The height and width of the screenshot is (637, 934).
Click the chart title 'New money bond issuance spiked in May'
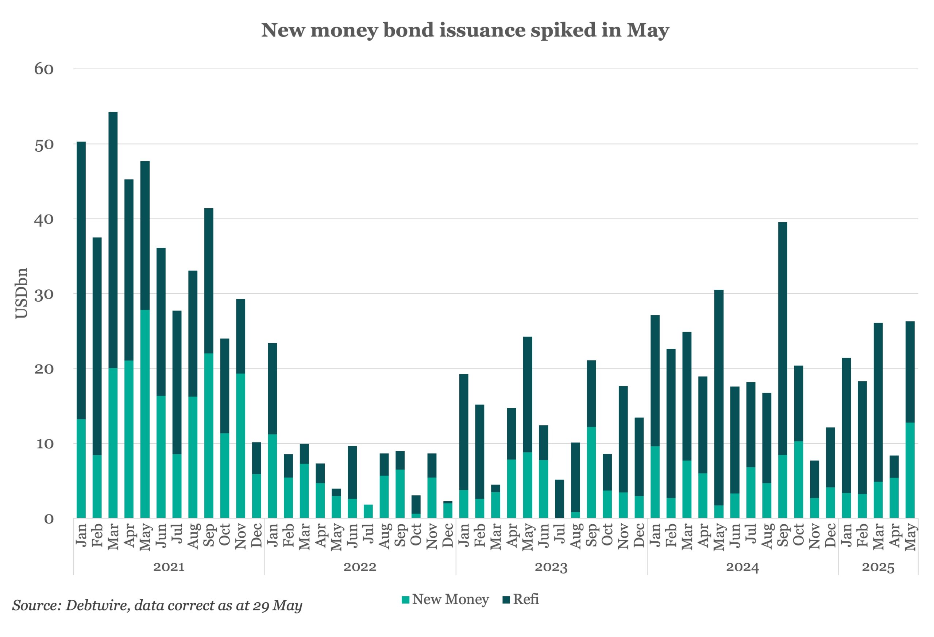(465, 30)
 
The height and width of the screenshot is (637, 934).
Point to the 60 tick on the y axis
(44, 69)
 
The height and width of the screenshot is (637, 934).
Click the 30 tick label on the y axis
(44, 294)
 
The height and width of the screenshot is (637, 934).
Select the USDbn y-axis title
(21, 293)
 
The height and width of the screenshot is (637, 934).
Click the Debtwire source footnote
(157, 605)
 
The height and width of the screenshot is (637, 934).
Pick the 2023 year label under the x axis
(551, 567)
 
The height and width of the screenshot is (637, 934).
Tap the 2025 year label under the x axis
(878, 567)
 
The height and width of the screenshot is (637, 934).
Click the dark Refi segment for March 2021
(113, 240)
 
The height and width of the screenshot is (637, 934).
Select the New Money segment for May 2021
(145, 414)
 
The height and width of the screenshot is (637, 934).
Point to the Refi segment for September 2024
(783, 339)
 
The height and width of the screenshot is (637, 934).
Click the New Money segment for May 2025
(910, 470)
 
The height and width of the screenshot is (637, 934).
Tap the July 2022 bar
(368, 511)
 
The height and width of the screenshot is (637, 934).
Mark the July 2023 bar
(559, 499)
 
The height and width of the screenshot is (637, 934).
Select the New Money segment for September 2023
(591, 472)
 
